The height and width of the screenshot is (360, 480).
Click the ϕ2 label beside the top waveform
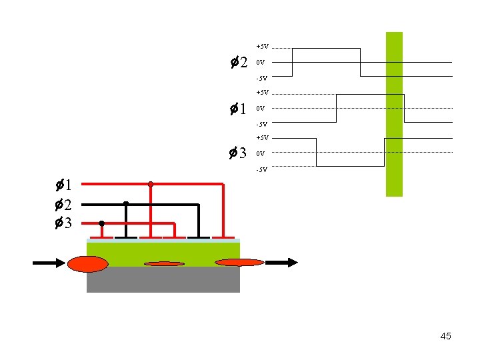(x=239, y=63)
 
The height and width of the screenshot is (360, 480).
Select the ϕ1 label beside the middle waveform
(x=239, y=109)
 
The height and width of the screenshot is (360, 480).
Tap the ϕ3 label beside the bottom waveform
(x=239, y=154)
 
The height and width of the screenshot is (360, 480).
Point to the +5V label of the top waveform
(x=262, y=47)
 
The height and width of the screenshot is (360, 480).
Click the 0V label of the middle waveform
(x=261, y=109)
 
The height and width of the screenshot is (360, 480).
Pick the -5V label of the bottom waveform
(x=262, y=169)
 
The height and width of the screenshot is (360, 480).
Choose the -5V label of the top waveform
(x=262, y=79)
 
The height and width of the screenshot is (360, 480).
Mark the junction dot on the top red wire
(x=151, y=183)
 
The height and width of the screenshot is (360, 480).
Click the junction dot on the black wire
(x=126, y=203)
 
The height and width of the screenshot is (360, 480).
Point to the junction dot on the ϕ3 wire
(x=101, y=223)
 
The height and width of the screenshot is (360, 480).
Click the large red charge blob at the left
(x=87, y=264)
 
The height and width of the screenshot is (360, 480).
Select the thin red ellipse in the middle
(x=164, y=264)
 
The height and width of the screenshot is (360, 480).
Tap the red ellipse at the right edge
(x=239, y=263)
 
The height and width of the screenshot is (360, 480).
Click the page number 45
(x=445, y=336)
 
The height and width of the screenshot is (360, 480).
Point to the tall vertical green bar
(x=395, y=113)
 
